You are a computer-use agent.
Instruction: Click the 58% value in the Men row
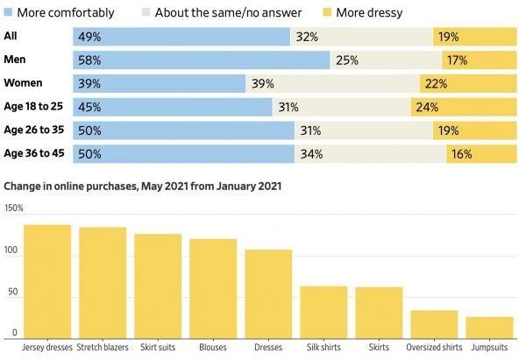[x=89, y=60]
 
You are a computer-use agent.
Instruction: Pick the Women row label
[x=25, y=83]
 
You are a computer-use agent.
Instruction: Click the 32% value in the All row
[x=307, y=37]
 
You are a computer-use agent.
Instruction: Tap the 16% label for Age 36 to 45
[x=460, y=153]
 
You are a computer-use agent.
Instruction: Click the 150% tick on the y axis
[x=14, y=208]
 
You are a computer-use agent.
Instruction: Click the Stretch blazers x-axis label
[x=103, y=348]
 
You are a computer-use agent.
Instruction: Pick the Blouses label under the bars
[x=213, y=348]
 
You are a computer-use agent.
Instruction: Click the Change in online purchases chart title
[x=143, y=187]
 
